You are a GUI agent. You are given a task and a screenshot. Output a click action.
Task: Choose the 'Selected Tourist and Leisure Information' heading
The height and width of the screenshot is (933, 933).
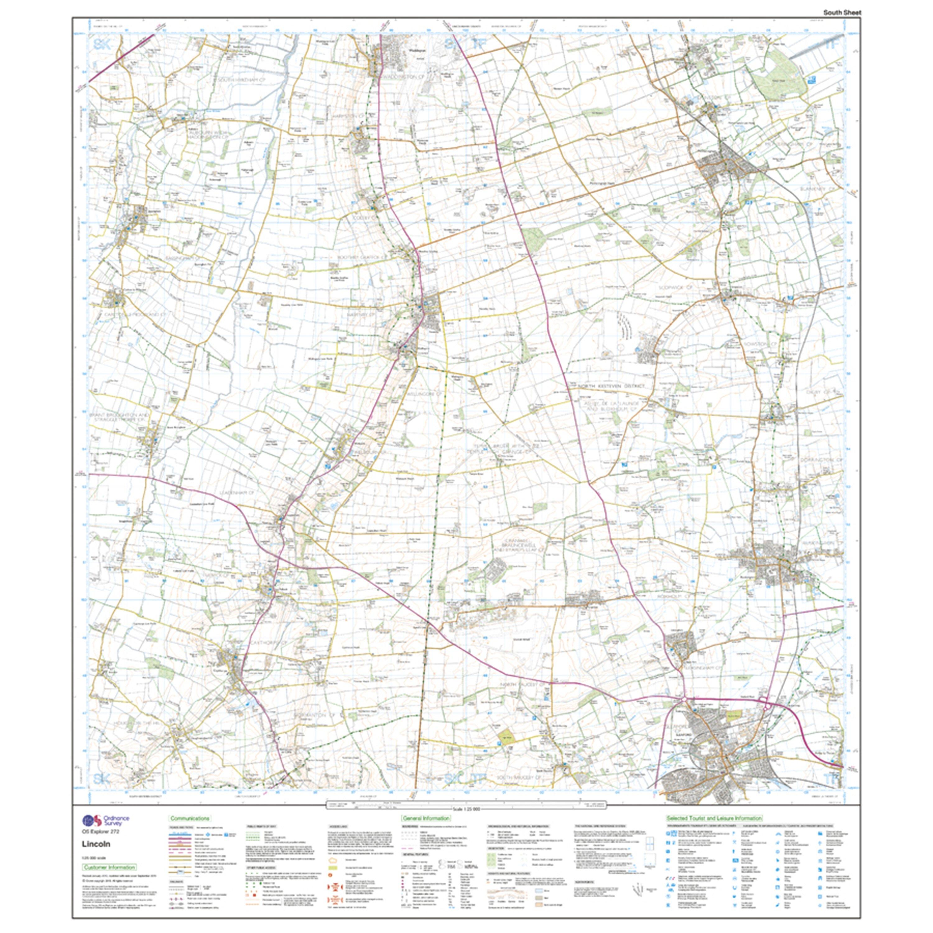[x=714, y=818]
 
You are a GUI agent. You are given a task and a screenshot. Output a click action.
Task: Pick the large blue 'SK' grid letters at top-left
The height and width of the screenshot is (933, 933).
[x=101, y=45]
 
